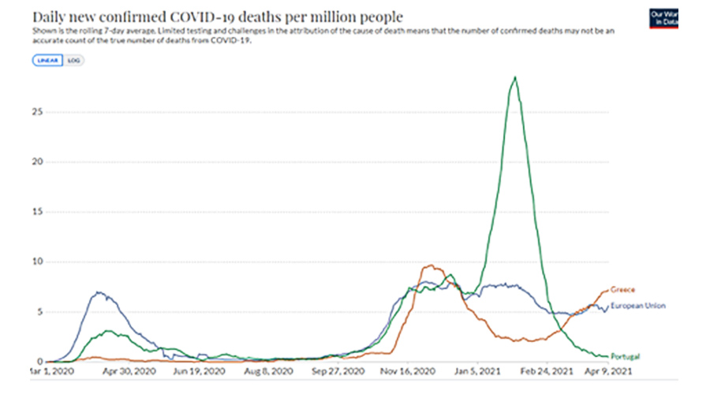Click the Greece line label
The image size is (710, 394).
point(622,290)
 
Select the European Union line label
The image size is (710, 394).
point(638,306)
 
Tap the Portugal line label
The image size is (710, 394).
point(625,356)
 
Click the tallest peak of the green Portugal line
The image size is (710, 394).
point(515,77)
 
